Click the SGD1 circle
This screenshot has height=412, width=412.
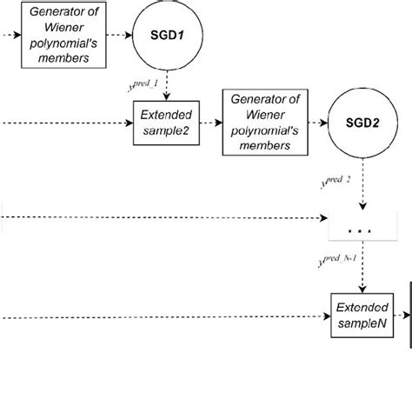[166, 36]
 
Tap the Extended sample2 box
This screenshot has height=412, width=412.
[166, 122]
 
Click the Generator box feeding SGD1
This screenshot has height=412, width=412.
[63, 36]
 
